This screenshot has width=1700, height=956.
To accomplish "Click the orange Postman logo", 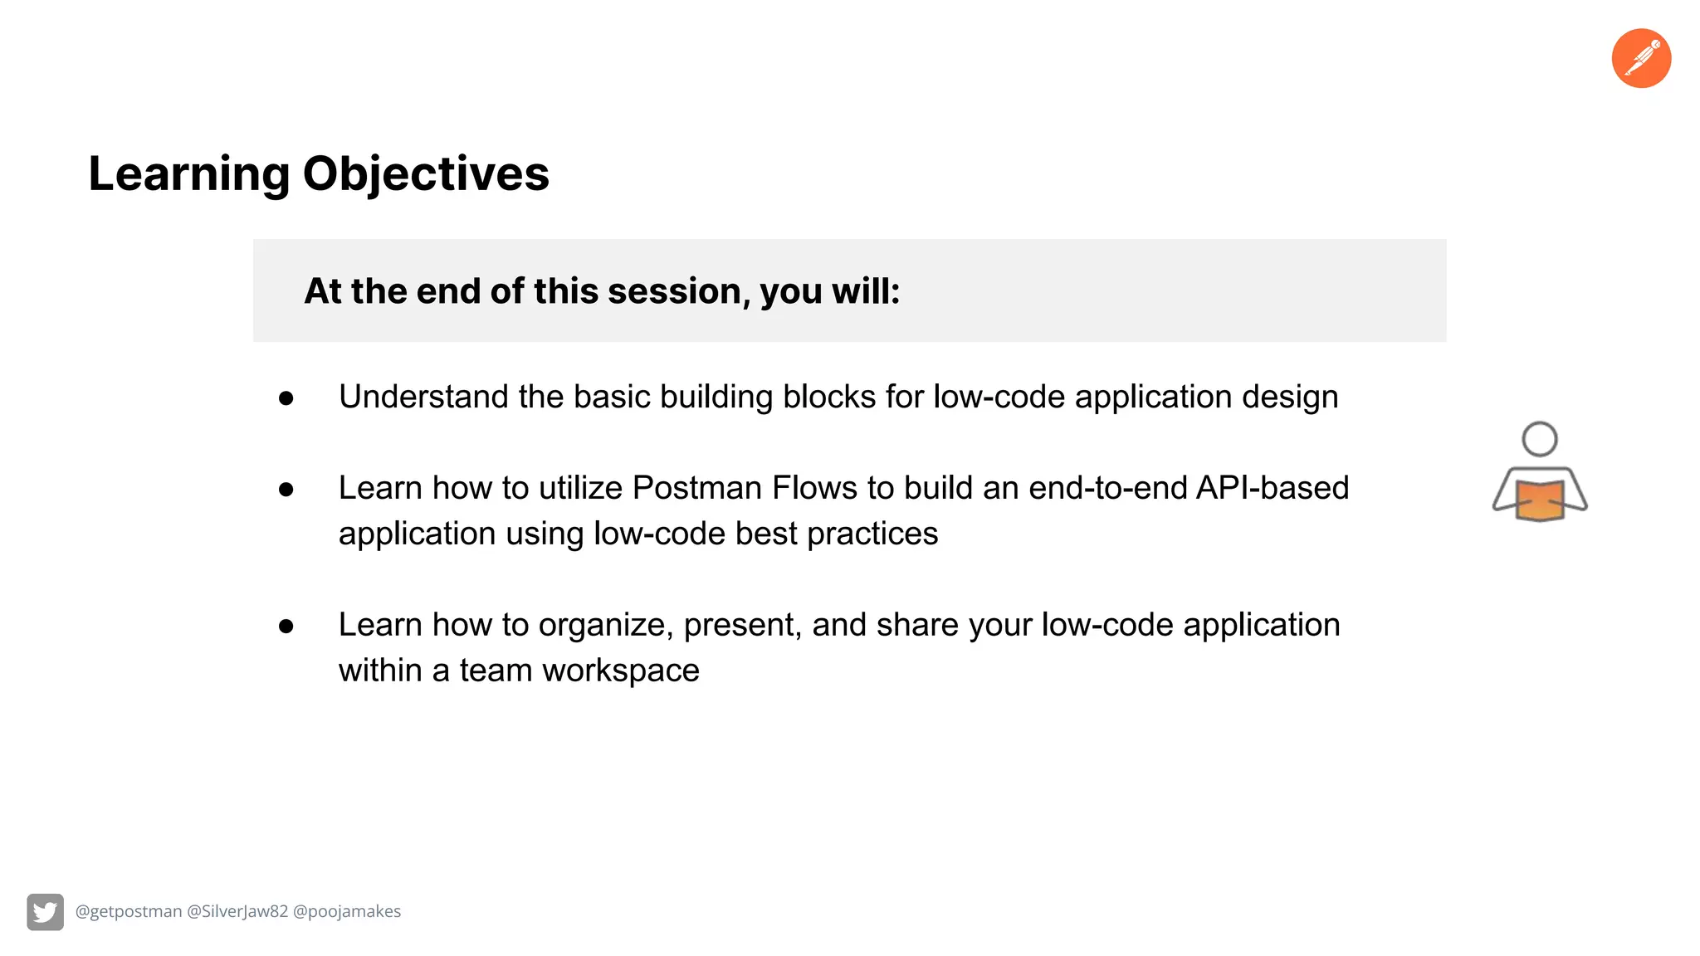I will [x=1641, y=58].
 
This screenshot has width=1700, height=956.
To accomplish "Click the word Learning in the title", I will [x=189, y=174].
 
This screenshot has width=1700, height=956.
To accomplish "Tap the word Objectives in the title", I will [x=426, y=174].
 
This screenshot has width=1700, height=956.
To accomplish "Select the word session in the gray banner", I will [x=674, y=291].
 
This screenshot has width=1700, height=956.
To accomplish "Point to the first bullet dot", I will [x=286, y=398].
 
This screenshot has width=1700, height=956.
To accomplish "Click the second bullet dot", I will [x=286, y=490].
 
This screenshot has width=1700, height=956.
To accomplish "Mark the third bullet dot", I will [x=286, y=627].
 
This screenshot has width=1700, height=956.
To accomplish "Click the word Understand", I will [x=423, y=397].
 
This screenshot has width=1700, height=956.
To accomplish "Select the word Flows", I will [x=814, y=488].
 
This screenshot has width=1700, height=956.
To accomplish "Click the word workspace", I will [x=621, y=671].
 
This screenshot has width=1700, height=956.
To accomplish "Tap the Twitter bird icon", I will [x=45, y=912].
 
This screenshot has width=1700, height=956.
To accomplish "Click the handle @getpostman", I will [x=129, y=911].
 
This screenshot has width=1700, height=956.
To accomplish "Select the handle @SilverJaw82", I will [x=237, y=911].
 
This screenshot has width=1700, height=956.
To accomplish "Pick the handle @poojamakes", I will [x=347, y=911].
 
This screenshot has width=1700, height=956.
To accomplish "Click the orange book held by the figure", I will [x=1540, y=501].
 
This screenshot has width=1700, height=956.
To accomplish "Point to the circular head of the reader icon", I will [x=1540, y=439].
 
